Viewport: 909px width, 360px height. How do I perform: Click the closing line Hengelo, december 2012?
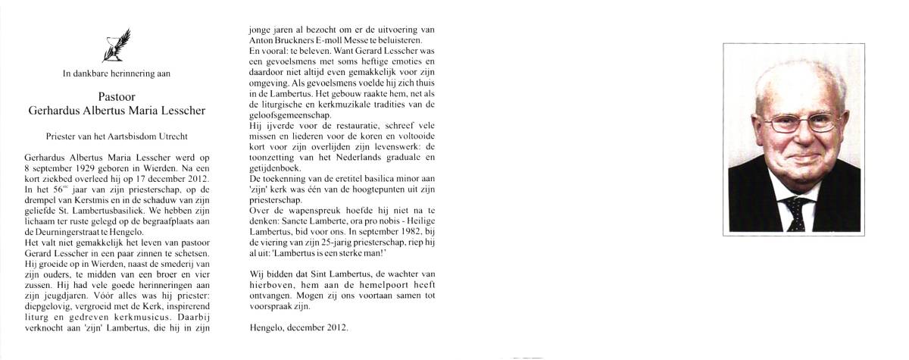[x=298, y=327]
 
